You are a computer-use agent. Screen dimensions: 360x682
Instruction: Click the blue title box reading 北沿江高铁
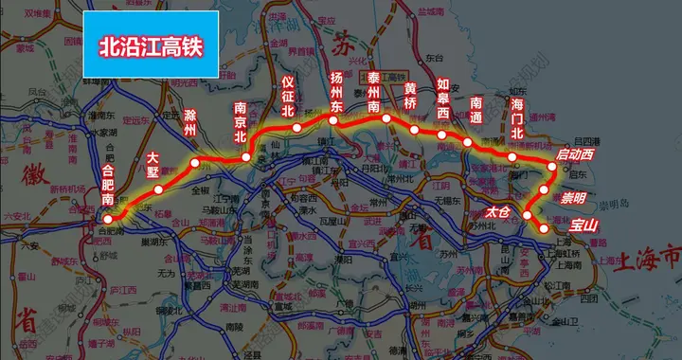coord(152,45)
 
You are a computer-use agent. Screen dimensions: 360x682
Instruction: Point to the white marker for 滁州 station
coord(195,163)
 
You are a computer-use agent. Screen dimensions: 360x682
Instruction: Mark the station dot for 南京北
coord(245,157)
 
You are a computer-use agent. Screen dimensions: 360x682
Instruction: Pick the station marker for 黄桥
coord(415,129)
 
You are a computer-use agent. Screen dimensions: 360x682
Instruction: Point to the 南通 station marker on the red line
coord(468,142)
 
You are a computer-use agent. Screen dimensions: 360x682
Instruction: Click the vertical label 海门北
coord(516,117)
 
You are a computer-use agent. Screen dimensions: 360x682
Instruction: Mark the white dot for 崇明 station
coord(545,189)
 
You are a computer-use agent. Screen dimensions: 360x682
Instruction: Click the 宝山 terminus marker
coord(543,228)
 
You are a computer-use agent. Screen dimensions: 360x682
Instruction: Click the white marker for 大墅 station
coord(159,189)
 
